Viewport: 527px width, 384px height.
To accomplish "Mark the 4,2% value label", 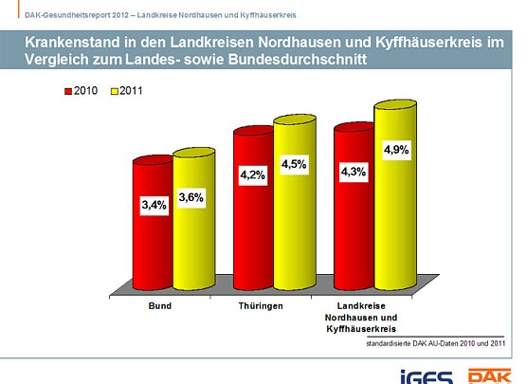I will point(253,174).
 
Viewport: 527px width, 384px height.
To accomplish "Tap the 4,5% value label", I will point(294,164).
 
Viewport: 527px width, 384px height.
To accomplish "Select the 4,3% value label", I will point(354,172).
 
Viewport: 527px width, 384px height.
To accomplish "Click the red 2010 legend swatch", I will point(68,92).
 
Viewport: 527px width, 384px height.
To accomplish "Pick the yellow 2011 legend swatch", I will point(115,92).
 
